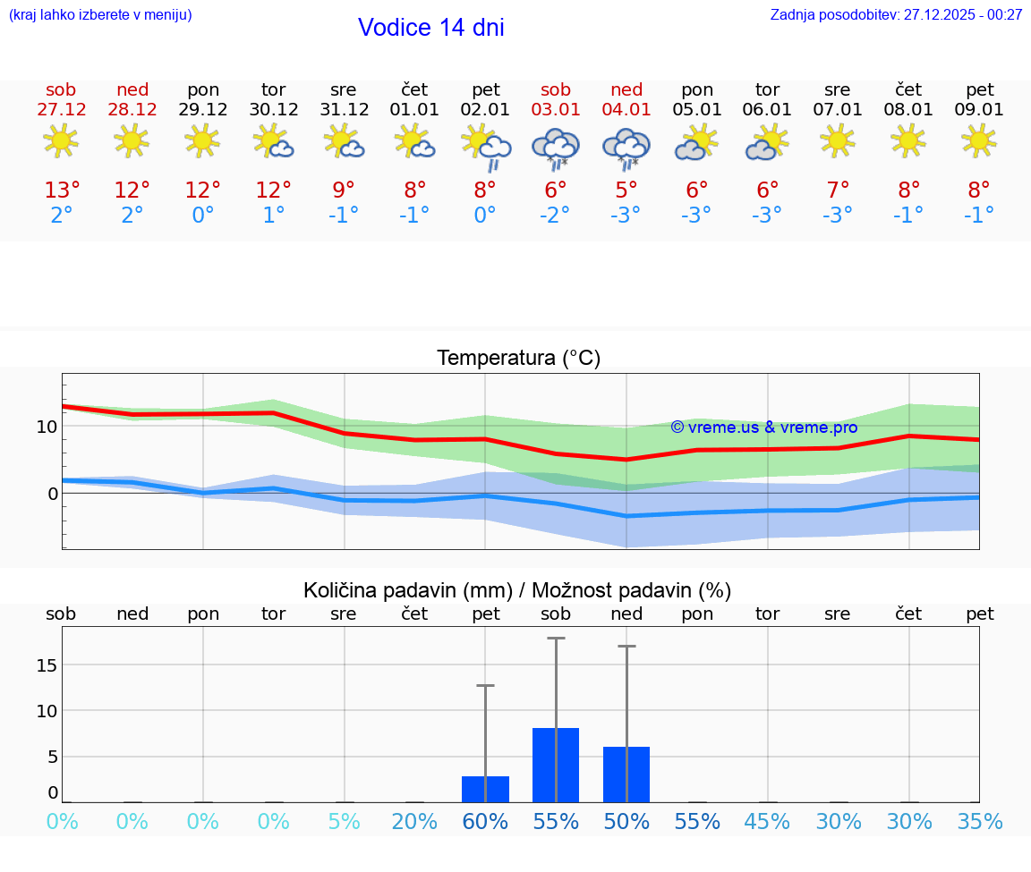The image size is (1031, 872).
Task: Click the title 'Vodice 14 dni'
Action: pyautogui.click(x=430, y=28)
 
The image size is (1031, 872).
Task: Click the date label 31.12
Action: pyautogui.click(x=344, y=110)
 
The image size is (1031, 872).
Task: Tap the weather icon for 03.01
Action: pyautogui.click(x=556, y=148)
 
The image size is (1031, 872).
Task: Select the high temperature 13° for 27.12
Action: pyautogui.click(x=62, y=190)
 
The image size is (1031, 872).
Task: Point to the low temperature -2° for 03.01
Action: pyautogui.click(x=556, y=216)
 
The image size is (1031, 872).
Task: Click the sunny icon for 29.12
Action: pyautogui.click(x=202, y=140)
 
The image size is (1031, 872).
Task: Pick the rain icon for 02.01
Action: pyautogui.click(x=486, y=148)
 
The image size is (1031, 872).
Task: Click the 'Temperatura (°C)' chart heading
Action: pyautogui.click(x=518, y=359)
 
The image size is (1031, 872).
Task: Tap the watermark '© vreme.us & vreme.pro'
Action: pyautogui.click(x=763, y=428)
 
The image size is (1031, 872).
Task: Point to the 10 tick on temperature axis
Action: pyautogui.click(x=47, y=427)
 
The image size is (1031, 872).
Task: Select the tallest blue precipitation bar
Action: pyautogui.click(x=556, y=765)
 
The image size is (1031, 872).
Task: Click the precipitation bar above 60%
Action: pyautogui.click(x=485, y=789)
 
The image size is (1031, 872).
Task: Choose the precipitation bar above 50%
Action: pyautogui.click(x=626, y=775)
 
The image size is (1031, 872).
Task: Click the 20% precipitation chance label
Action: pyautogui.click(x=414, y=822)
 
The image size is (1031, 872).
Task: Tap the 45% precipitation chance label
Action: pyautogui.click(x=768, y=822)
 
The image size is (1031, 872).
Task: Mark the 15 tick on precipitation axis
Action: pyautogui.click(x=47, y=665)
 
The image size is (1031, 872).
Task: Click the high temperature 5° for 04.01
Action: pyautogui.click(x=626, y=190)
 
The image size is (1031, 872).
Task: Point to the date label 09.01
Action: pyautogui.click(x=980, y=110)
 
